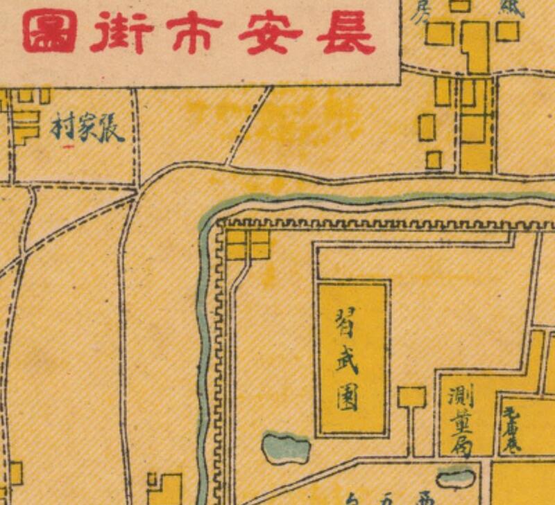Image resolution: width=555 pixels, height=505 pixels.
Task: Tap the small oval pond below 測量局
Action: tap(456, 478)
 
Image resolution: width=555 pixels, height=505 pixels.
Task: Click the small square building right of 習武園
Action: tap(411, 398)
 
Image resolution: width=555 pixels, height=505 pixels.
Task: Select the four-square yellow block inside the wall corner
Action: tap(248, 245)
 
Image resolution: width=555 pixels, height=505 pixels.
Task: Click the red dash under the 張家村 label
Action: tap(68, 147)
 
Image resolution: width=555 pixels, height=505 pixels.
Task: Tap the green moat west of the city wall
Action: tap(204, 346)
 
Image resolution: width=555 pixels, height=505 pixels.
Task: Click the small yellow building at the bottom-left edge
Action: tap(164, 488)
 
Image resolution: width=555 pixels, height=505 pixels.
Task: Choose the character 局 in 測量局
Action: tap(461, 447)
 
